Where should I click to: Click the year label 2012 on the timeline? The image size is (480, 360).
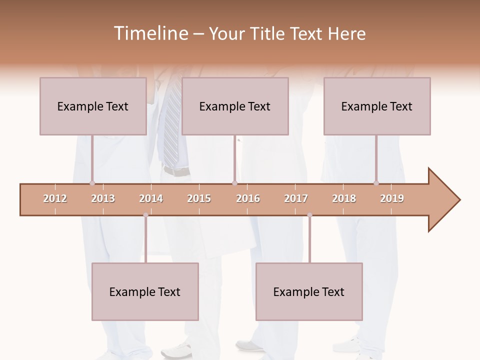(55, 198)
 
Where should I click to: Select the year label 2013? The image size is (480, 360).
(103, 198)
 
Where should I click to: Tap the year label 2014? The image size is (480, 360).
(151, 198)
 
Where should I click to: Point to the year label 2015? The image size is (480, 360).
(199, 198)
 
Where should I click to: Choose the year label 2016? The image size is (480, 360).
(248, 198)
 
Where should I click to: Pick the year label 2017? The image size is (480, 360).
(296, 198)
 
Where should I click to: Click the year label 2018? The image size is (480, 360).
(344, 198)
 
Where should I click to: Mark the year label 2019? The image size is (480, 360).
(392, 198)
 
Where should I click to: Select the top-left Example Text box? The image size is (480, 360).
(93, 106)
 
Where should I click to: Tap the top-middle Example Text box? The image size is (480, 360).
(235, 106)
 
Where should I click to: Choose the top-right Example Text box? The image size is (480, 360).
(377, 106)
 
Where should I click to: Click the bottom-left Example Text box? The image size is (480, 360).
(145, 291)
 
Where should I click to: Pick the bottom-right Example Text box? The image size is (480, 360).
(309, 291)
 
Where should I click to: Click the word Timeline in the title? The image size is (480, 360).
(150, 33)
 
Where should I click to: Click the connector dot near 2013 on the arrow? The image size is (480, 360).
(92, 183)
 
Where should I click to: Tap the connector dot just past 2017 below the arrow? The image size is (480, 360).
(309, 215)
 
